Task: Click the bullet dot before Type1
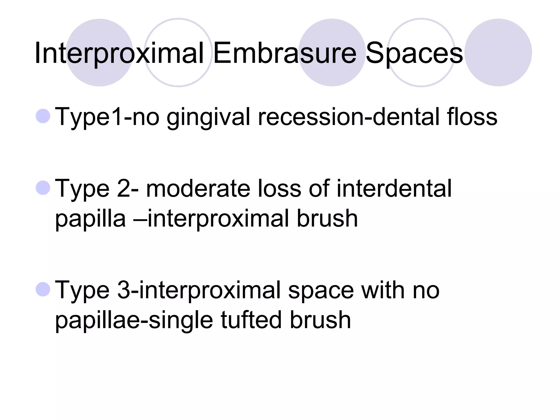pyautogui.click(x=43, y=116)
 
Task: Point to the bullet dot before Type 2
pyautogui.click(x=43, y=188)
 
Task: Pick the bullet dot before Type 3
pyautogui.click(x=43, y=290)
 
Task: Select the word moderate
pyautogui.click(x=198, y=188)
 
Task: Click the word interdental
pyautogui.click(x=394, y=188)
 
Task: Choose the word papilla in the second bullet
pyautogui.click(x=91, y=219)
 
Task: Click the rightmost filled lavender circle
pyautogui.click(x=498, y=52)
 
